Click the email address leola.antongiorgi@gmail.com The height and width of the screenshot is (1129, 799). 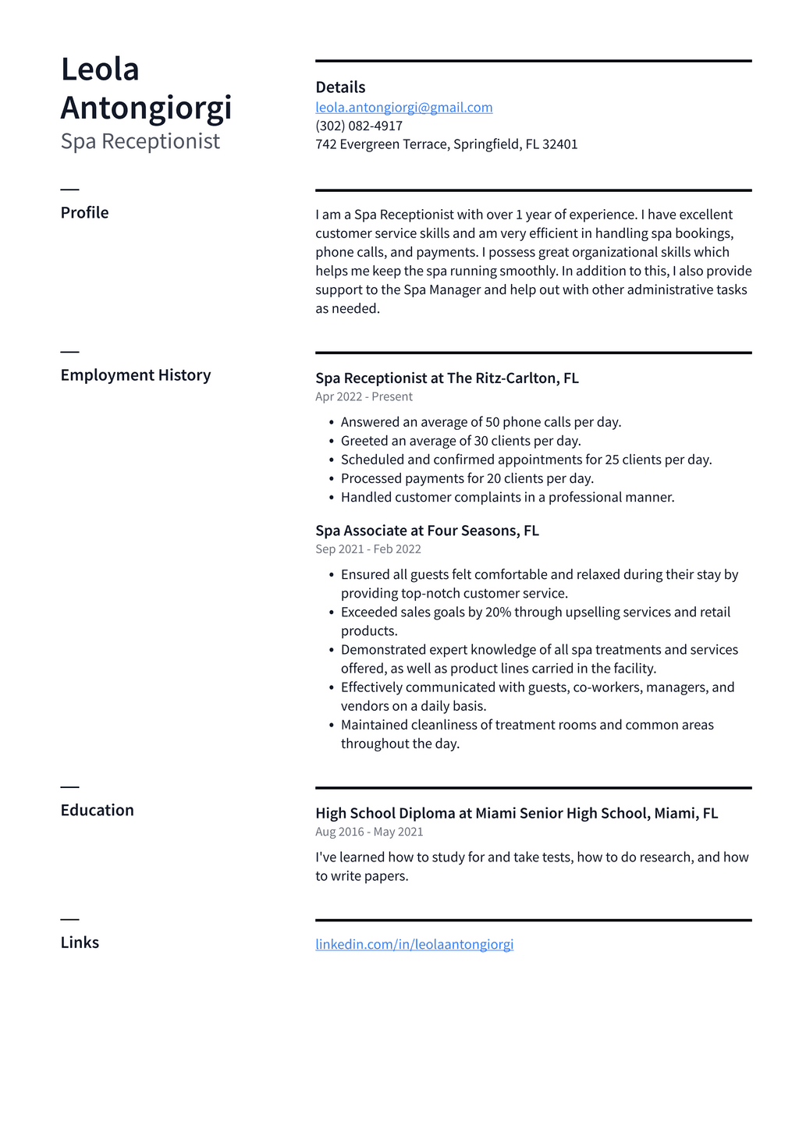point(403,108)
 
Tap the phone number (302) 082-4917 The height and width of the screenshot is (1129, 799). point(359,126)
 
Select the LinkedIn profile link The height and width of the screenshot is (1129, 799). point(414,944)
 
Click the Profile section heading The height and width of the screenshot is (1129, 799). point(84,213)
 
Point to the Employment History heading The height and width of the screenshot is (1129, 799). point(136,375)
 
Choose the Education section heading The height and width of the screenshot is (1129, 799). point(97,811)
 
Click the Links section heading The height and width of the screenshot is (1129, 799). point(80,943)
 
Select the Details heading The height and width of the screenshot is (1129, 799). point(340,87)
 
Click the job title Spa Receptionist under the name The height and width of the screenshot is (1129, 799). point(140,141)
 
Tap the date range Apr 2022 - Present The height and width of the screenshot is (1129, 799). point(364,397)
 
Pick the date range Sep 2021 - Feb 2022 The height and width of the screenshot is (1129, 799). point(368,549)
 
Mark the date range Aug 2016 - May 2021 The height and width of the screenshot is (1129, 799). point(369,832)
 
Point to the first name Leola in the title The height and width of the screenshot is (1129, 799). point(100,69)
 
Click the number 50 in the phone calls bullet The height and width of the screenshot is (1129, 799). point(492,422)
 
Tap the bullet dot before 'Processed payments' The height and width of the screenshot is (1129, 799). point(332,479)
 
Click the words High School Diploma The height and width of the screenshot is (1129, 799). point(385,814)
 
